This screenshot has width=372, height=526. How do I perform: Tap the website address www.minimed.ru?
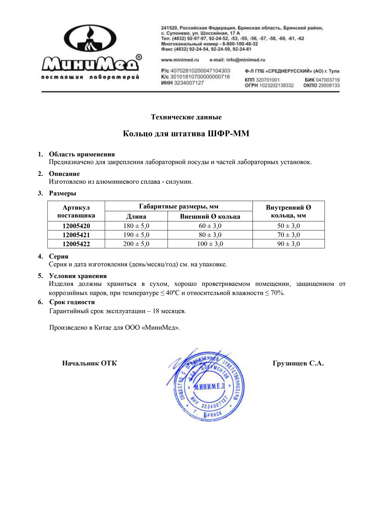[180, 60]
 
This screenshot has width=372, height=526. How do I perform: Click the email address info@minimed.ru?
[237, 60]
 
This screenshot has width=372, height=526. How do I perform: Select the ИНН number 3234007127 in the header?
[189, 83]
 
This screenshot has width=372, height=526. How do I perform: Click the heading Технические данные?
[186, 117]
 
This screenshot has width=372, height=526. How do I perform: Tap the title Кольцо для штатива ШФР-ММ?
[186, 134]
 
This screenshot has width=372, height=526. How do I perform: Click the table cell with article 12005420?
[76, 226]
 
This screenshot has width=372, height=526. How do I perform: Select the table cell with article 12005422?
[76, 244]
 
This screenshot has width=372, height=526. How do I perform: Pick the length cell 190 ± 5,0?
[136, 235]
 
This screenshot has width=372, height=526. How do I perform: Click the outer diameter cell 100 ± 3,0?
[210, 244]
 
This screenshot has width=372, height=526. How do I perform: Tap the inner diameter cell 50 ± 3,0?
[288, 226]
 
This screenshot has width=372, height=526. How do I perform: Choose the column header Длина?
[136, 216]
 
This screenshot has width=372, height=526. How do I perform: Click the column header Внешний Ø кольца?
[210, 216]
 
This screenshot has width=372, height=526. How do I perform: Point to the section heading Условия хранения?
[78, 276]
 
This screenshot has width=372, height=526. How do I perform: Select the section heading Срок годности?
[72, 302]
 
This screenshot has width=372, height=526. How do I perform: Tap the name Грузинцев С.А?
[298, 363]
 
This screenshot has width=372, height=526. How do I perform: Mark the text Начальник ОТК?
[90, 363]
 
